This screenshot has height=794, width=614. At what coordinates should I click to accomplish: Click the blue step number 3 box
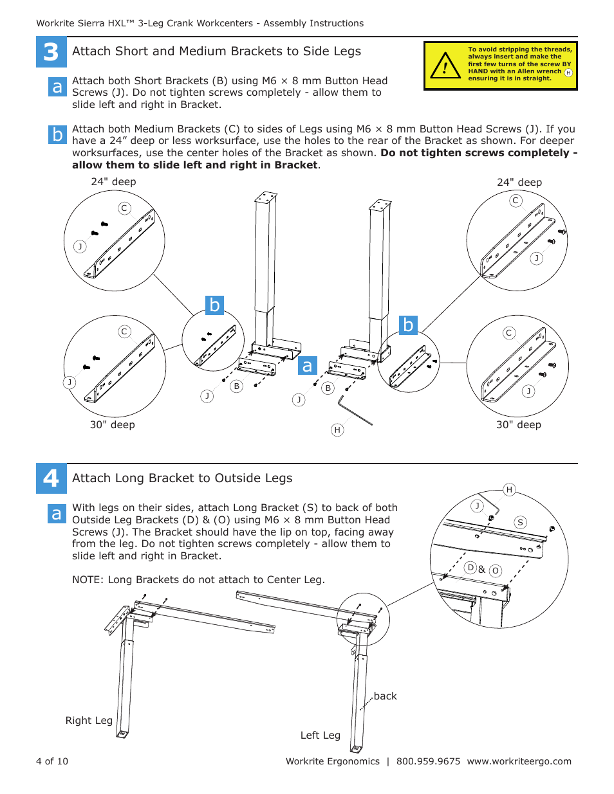point(51,52)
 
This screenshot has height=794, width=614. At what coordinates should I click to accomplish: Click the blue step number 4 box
point(51,478)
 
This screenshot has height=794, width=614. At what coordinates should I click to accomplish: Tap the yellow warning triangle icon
point(445,66)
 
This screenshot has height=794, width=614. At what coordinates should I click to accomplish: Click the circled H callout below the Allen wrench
point(337,430)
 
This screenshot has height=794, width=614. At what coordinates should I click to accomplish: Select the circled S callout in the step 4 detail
point(520,523)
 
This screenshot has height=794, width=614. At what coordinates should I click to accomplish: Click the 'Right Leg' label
point(89,721)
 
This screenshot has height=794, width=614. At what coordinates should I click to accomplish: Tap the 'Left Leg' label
point(320,735)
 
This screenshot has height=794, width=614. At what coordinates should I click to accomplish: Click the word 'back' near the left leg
point(385,696)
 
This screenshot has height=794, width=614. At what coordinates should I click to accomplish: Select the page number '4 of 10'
point(52,761)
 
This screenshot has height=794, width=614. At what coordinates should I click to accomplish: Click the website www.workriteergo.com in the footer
point(519,761)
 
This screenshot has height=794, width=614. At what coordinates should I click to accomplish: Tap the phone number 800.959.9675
point(428,761)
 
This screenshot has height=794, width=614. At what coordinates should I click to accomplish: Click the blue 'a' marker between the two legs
point(308,366)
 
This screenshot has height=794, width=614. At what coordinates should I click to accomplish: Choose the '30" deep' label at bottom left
point(113,425)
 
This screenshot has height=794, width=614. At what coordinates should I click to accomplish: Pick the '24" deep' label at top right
point(519,183)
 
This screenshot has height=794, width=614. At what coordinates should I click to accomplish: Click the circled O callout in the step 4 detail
point(495,571)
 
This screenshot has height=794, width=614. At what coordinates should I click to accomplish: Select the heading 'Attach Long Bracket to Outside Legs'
point(182,478)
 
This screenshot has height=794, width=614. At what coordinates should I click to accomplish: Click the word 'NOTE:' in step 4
point(88,580)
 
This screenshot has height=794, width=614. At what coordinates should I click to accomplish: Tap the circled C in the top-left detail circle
point(125,208)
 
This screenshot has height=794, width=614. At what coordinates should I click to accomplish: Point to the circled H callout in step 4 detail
point(509,490)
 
